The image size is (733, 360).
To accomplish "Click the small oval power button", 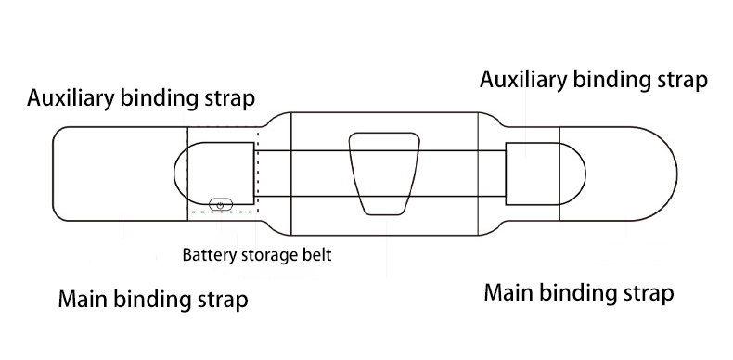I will tap(221, 202).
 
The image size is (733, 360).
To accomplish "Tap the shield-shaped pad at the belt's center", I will tap(384, 174).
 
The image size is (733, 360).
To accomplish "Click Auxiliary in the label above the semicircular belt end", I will tap(523, 78).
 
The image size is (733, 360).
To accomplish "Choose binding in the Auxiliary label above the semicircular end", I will tap(613, 79).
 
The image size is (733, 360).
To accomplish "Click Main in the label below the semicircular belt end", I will tap(508, 293).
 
